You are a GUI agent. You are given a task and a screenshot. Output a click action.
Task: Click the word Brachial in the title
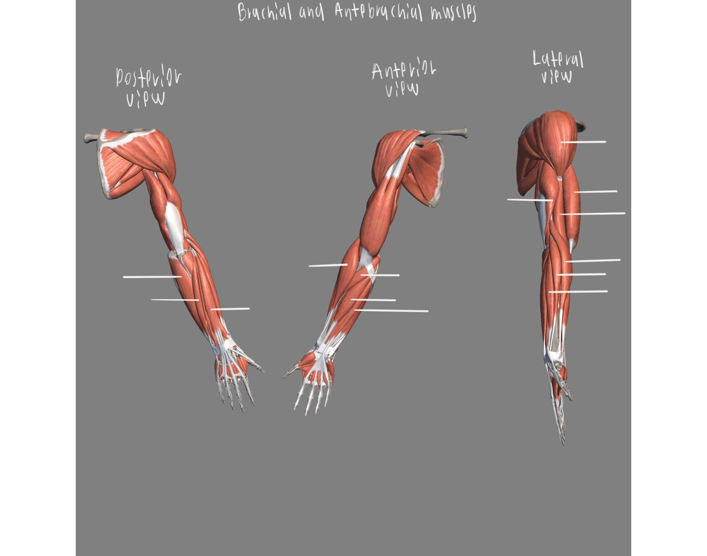tap(264, 12)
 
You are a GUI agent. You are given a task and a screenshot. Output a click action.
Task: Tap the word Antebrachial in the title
tap(378, 12)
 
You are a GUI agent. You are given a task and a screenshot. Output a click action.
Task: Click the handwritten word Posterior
tap(148, 77)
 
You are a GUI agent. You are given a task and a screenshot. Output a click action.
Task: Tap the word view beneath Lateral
tap(557, 77)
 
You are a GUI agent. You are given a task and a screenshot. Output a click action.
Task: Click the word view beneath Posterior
tap(145, 99)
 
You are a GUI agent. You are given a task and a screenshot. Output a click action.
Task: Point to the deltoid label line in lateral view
tap(583, 142)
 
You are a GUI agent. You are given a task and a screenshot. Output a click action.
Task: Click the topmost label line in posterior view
tap(153, 277)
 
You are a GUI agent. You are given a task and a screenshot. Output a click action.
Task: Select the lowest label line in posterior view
tap(230, 309)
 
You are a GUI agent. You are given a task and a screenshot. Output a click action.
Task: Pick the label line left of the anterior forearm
tap(328, 265)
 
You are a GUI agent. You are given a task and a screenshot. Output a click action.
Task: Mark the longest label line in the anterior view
tap(391, 310)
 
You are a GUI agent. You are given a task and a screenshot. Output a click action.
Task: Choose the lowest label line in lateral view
tap(578, 292)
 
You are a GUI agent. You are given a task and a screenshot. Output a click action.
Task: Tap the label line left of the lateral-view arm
tap(530, 200)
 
